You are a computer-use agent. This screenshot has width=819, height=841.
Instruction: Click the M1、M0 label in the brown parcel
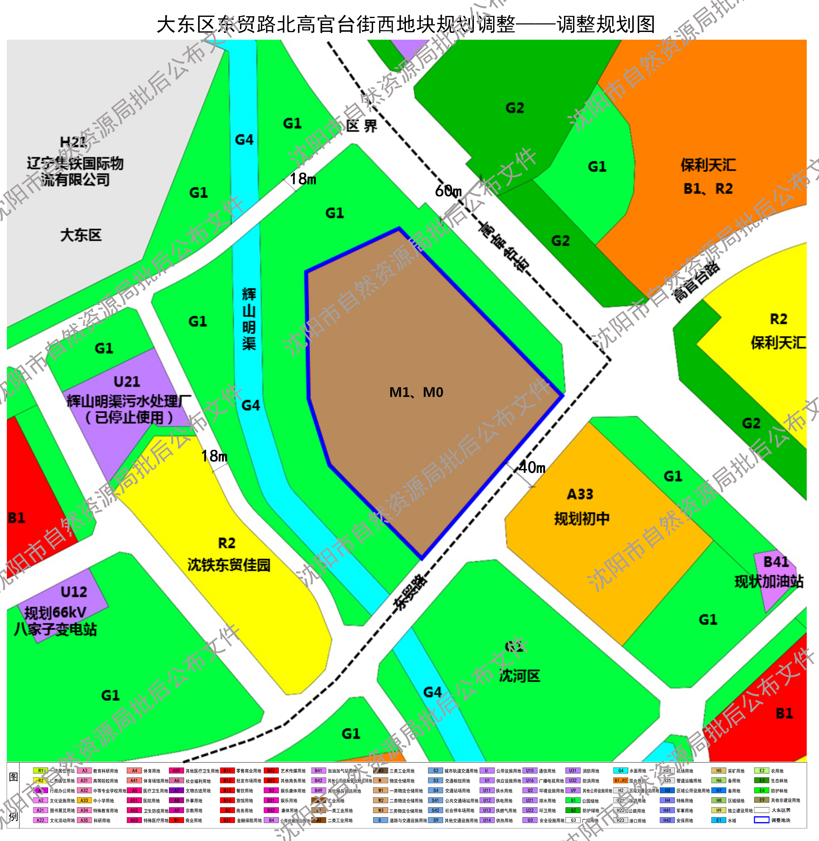(x=416, y=392)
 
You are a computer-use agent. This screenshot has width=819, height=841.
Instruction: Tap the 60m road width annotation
(x=448, y=191)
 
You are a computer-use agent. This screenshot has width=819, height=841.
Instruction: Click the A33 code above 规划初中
(x=580, y=494)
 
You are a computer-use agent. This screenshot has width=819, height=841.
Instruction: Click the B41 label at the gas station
(x=776, y=562)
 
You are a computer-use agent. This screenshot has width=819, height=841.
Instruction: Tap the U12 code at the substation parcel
(x=74, y=592)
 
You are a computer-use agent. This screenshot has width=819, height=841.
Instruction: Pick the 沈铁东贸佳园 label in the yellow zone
(x=229, y=565)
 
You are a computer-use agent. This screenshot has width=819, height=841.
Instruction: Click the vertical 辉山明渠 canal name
(x=249, y=319)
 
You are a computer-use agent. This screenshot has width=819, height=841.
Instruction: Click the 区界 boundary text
(x=361, y=126)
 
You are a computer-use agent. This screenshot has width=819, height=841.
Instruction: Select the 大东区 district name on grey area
(x=81, y=235)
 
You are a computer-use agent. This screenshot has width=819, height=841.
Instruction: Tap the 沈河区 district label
(x=520, y=676)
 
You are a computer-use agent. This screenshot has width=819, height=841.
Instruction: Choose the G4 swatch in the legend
(x=620, y=770)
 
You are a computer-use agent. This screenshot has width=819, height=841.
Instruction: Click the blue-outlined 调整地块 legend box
(x=761, y=820)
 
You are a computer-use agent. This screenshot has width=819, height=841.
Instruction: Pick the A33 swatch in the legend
(x=84, y=800)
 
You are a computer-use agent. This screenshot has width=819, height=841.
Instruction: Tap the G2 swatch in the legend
(x=573, y=810)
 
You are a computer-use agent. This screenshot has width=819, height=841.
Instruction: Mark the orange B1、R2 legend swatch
(x=620, y=780)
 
